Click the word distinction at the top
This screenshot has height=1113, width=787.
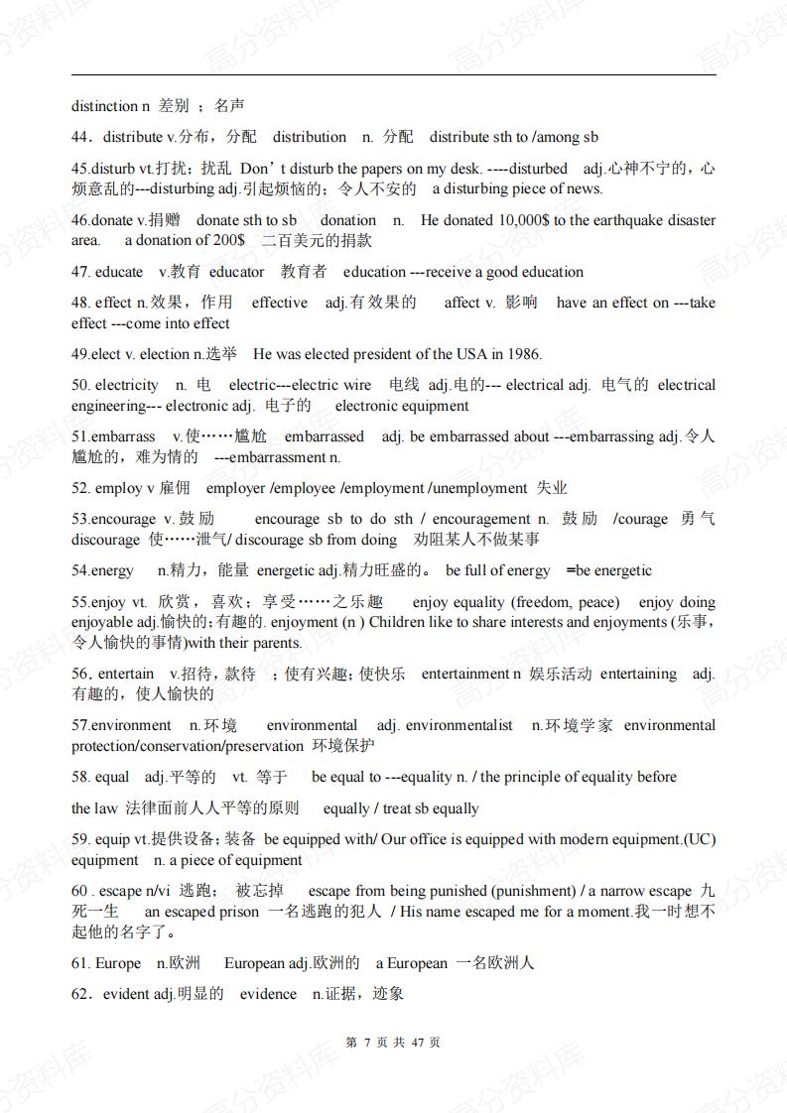pyautogui.click(x=104, y=106)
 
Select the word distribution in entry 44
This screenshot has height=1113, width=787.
pyautogui.click(x=310, y=137)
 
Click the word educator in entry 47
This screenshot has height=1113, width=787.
pyautogui.click(x=237, y=272)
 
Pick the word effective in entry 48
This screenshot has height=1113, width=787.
pyautogui.click(x=280, y=303)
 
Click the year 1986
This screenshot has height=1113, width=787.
pyautogui.click(x=522, y=354)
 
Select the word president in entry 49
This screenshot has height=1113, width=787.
pyautogui.click(x=367, y=354)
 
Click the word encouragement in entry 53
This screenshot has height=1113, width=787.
pyautogui.click(x=481, y=519)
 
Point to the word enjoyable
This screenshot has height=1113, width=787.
pyautogui.click(x=103, y=622)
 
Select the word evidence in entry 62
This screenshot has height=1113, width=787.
pyautogui.click(x=268, y=994)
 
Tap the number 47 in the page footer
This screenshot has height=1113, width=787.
pyautogui.click(x=418, y=1043)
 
